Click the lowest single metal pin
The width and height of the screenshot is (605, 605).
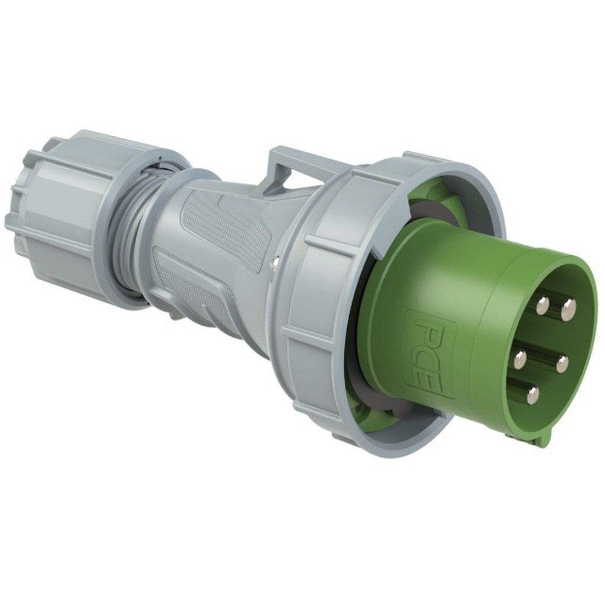(532, 395)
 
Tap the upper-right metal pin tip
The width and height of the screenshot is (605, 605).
(568, 310)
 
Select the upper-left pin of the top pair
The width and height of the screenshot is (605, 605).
(543, 306)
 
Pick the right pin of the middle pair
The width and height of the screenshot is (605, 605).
(561, 364)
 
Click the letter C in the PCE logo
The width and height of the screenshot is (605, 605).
(428, 356)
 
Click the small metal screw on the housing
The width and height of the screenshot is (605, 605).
(275, 261)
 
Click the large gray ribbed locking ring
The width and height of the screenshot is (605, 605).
(315, 302)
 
